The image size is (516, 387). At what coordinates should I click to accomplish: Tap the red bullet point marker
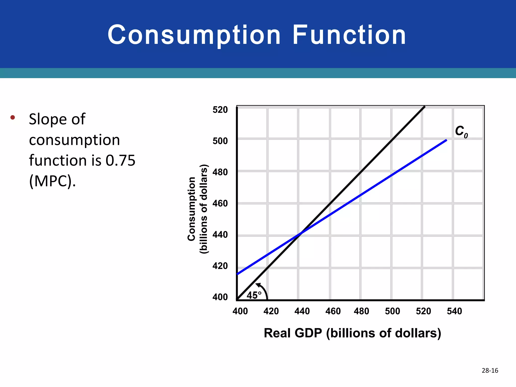pos(13,117)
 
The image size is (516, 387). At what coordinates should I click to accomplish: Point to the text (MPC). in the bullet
pos(52,181)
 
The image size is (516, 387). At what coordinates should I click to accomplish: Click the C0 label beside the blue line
pos(461,132)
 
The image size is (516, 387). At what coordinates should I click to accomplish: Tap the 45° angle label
pos(254,295)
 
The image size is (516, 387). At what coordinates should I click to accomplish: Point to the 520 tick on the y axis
pos(220,110)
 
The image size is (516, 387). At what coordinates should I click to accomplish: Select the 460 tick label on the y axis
pos(220,203)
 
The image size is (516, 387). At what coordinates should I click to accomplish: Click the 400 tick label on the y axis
pos(220,297)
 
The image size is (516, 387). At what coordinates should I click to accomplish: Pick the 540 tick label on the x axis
pos(454,311)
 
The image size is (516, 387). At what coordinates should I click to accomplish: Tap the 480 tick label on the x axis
pos(361,311)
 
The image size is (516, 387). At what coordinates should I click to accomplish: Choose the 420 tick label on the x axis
pos(271,311)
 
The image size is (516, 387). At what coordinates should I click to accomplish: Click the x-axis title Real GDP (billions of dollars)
pos(352,333)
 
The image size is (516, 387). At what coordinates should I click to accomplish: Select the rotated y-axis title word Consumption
pos(192,209)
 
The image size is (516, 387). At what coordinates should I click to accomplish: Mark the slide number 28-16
pos(490,370)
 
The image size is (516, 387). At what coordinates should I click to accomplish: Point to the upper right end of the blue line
pos(446,140)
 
